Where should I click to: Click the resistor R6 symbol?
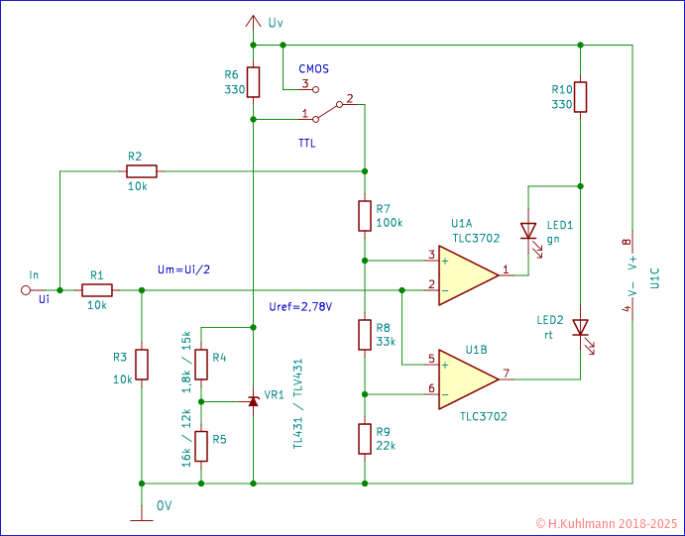click(254, 82)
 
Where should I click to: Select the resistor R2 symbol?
click(143, 171)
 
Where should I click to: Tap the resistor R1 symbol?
click(97, 290)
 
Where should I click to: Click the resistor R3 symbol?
click(143, 364)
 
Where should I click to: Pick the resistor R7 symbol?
click(366, 216)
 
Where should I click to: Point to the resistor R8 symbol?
click(366, 335)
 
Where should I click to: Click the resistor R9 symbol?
click(366, 437)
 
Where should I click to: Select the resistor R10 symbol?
click(581, 96)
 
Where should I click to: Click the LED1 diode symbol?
click(527, 230)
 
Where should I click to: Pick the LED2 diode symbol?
click(581, 327)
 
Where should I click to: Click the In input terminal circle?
click(27, 290)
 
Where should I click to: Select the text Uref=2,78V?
click(300, 306)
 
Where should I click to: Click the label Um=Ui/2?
click(183, 269)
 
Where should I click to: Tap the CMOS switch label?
click(313, 69)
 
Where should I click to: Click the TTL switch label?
click(309, 145)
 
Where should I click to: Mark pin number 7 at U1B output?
click(506, 374)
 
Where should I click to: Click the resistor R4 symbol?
click(201, 365)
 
